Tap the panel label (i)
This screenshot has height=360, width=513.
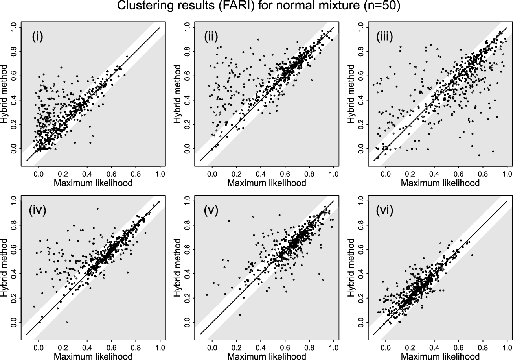pyautogui.click(x=38, y=38)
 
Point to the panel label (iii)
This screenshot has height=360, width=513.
pyautogui.click(x=385, y=38)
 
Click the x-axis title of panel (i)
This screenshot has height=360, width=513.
pyautogui.click(x=93, y=183)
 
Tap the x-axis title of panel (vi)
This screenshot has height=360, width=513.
pyautogui.click(x=440, y=356)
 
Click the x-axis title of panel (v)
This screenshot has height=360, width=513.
pyautogui.click(x=267, y=356)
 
